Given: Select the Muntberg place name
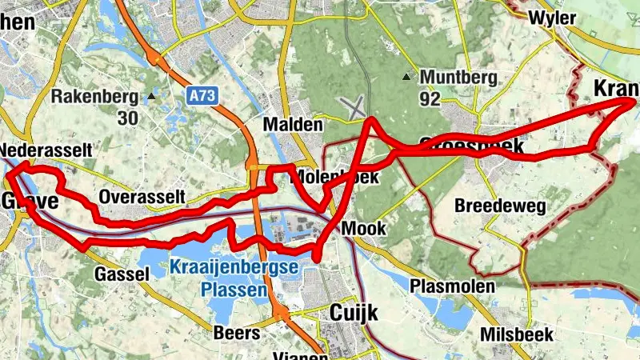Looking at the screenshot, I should click(x=459, y=78).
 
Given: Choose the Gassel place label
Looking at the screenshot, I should click(x=123, y=274).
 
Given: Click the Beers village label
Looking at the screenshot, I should click(x=237, y=333).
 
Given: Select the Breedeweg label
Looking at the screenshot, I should click(x=500, y=206).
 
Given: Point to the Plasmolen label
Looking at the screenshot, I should click(x=452, y=286).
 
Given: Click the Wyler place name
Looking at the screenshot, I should click(x=553, y=18).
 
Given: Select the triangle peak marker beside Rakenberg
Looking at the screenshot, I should click(x=151, y=97).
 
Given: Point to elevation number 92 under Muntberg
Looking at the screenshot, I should click(x=430, y=99).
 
